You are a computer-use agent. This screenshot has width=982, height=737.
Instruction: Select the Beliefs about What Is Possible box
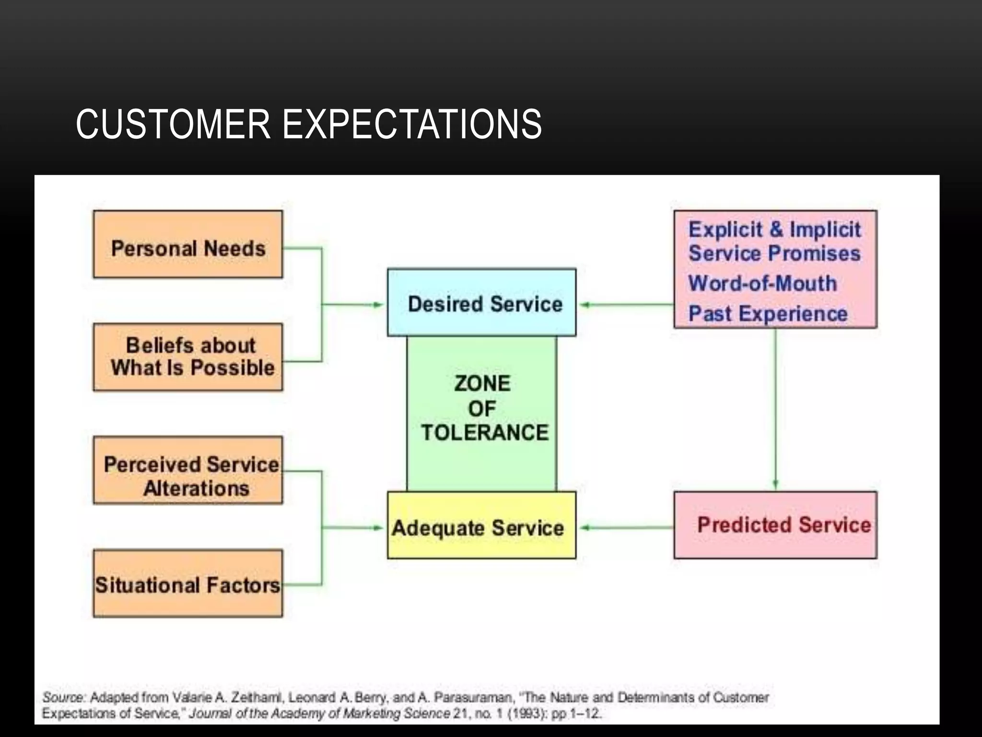click(188, 357)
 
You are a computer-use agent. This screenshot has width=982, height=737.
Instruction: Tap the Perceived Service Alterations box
click(188, 470)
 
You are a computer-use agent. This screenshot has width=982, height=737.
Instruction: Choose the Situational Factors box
click(188, 583)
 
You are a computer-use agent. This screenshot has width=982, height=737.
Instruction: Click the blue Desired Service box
click(482, 303)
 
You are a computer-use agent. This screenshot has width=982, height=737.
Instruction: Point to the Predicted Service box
click(775, 525)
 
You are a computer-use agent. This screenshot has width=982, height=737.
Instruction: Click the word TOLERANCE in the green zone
click(484, 432)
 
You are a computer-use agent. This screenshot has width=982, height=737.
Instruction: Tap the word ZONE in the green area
click(482, 383)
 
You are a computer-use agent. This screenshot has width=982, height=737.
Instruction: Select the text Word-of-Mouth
click(762, 283)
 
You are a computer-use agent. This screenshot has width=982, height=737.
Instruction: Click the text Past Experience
click(768, 314)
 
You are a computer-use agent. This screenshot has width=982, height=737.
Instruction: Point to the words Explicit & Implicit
click(774, 229)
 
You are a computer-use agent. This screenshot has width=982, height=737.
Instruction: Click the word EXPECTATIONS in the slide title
click(412, 124)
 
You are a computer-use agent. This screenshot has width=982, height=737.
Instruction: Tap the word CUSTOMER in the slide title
click(173, 124)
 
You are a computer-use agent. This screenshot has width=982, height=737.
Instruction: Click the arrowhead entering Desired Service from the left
click(378, 305)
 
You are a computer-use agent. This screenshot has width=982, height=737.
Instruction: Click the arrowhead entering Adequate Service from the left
click(378, 528)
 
